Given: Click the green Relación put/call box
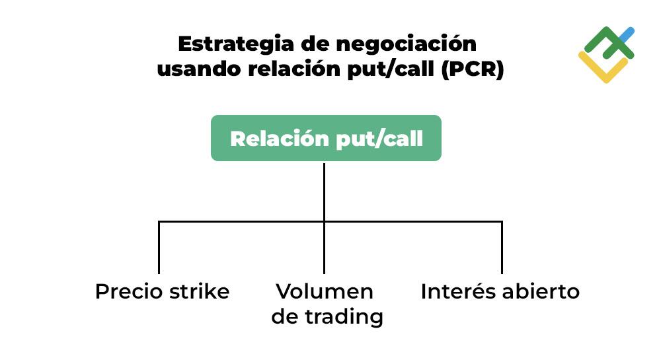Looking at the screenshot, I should (x=326, y=138).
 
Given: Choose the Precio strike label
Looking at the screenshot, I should (x=162, y=291).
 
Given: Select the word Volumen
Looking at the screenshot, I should (x=325, y=291).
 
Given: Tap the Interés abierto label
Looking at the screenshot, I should (x=500, y=291).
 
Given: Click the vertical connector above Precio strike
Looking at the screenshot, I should (x=159, y=248).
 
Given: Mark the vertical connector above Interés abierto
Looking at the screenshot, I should (x=502, y=248).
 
